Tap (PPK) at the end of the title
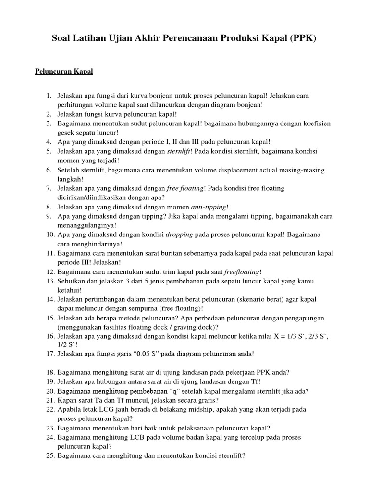tap(302, 39)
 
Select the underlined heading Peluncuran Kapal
tap(64, 72)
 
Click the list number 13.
tap(50, 281)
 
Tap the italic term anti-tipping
tap(209, 207)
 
